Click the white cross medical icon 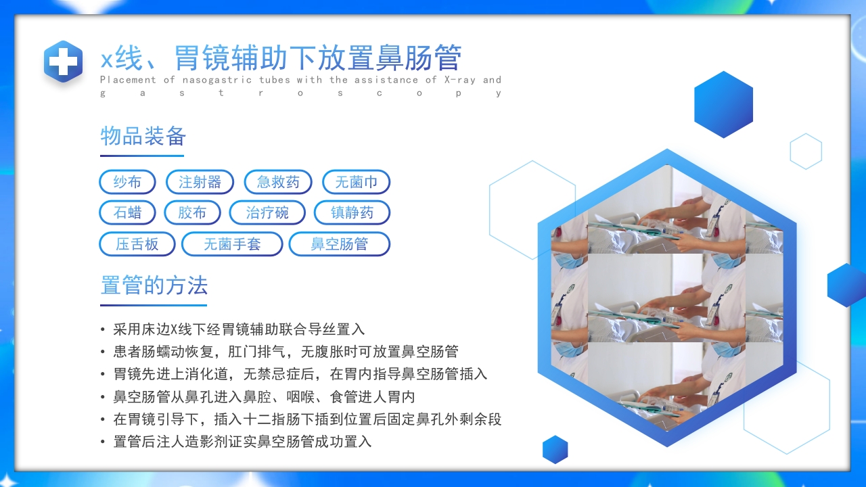click(x=64, y=62)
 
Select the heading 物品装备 click(x=143, y=137)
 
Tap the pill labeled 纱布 click(x=127, y=182)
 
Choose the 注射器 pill click(x=200, y=182)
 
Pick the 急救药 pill click(x=278, y=182)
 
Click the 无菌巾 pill click(x=356, y=182)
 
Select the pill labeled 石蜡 click(x=127, y=213)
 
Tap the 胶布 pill click(x=192, y=213)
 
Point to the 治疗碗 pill click(x=267, y=213)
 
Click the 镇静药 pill click(x=352, y=213)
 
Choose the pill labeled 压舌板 click(x=137, y=244)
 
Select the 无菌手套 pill click(x=232, y=244)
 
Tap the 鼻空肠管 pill click(x=339, y=244)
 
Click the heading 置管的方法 click(x=154, y=285)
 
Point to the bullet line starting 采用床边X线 click(x=239, y=329)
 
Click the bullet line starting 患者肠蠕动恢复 click(x=286, y=352)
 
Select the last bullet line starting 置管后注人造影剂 click(x=242, y=442)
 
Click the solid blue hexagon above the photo click(x=723, y=104)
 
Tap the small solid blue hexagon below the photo click(x=555, y=449)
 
